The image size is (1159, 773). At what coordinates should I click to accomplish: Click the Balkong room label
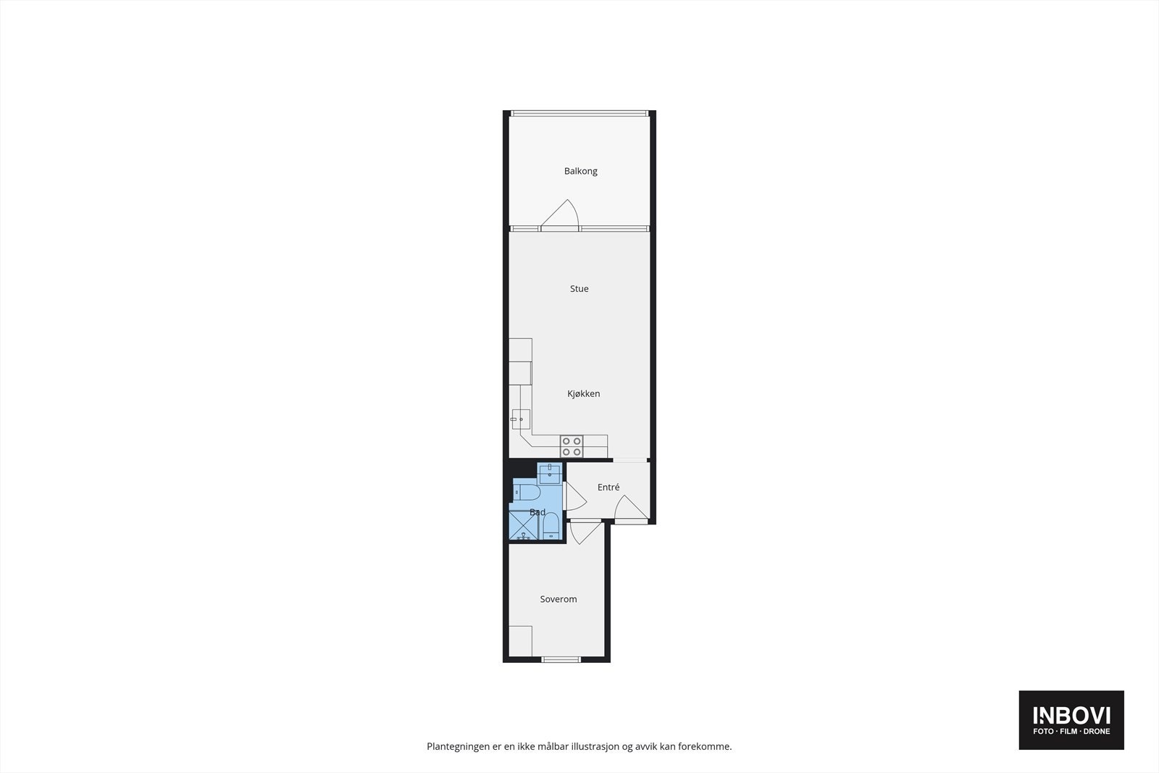pos(580,172)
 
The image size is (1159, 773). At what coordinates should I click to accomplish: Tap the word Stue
pos(579,289)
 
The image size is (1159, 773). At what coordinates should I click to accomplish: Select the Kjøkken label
pos(583,394)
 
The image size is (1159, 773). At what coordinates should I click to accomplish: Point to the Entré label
pos(608,488)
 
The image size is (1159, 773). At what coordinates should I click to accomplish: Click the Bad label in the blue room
pos(537,512)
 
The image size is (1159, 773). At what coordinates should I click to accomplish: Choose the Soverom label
pos(558,600)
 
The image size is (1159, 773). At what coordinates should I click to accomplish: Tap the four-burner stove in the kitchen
pos(572,446)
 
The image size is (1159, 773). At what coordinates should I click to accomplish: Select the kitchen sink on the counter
pos(521,419)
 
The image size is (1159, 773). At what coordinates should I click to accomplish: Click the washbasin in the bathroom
pos(550,474)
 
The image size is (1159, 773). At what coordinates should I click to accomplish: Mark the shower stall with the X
pos(523,526)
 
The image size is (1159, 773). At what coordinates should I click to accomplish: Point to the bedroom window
pos(561,659)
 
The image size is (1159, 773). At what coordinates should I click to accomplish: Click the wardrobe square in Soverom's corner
pos(520,640)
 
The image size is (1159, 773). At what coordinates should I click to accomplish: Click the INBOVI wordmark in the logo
pos(1071,716)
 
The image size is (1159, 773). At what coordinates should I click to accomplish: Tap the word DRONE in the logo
pos(1096,732)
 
